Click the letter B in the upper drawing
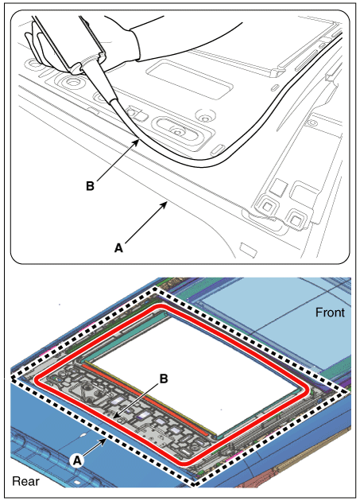point(90,185)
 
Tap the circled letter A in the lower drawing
point(77,460)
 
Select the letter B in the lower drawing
point(164,379)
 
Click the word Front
point(330,313)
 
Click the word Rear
point(25,481)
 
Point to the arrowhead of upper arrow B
point(137,142)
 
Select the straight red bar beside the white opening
point(145,399)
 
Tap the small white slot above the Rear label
point(83,435)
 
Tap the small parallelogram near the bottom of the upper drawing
point(249,250)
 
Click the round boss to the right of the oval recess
point(203,115)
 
